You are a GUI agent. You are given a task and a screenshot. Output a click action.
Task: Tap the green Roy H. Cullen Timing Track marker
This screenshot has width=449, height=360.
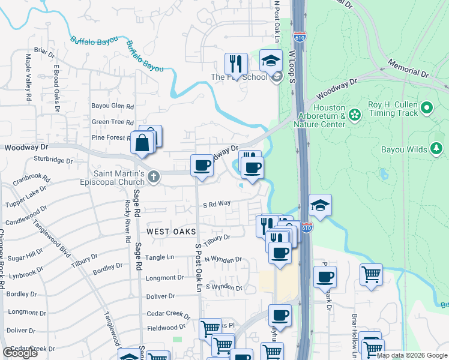click(x=427, y=108)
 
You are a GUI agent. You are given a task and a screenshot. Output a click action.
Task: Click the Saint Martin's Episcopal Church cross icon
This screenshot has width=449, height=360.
click(x=154, y=177)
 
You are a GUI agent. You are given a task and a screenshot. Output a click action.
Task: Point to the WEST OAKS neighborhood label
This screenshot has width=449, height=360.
click(x=166, y=230)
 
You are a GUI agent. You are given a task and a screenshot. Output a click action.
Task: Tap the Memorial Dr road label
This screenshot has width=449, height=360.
click(x=408, y=67)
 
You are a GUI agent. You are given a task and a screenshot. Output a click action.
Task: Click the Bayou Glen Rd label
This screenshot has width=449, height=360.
click(x=112, y=106)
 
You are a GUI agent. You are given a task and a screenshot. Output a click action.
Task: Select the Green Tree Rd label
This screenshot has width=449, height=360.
click(x=112, y=122)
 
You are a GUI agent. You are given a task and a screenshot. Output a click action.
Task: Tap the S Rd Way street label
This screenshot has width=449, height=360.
click(x=217, y=204)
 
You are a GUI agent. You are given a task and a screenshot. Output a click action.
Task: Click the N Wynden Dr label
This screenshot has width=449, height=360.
click(x=223, y=260)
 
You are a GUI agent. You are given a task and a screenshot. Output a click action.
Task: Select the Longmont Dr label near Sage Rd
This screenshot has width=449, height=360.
click(x=164, y=278)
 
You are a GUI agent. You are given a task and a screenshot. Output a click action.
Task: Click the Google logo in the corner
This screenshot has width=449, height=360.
click(x=20, y=353)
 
